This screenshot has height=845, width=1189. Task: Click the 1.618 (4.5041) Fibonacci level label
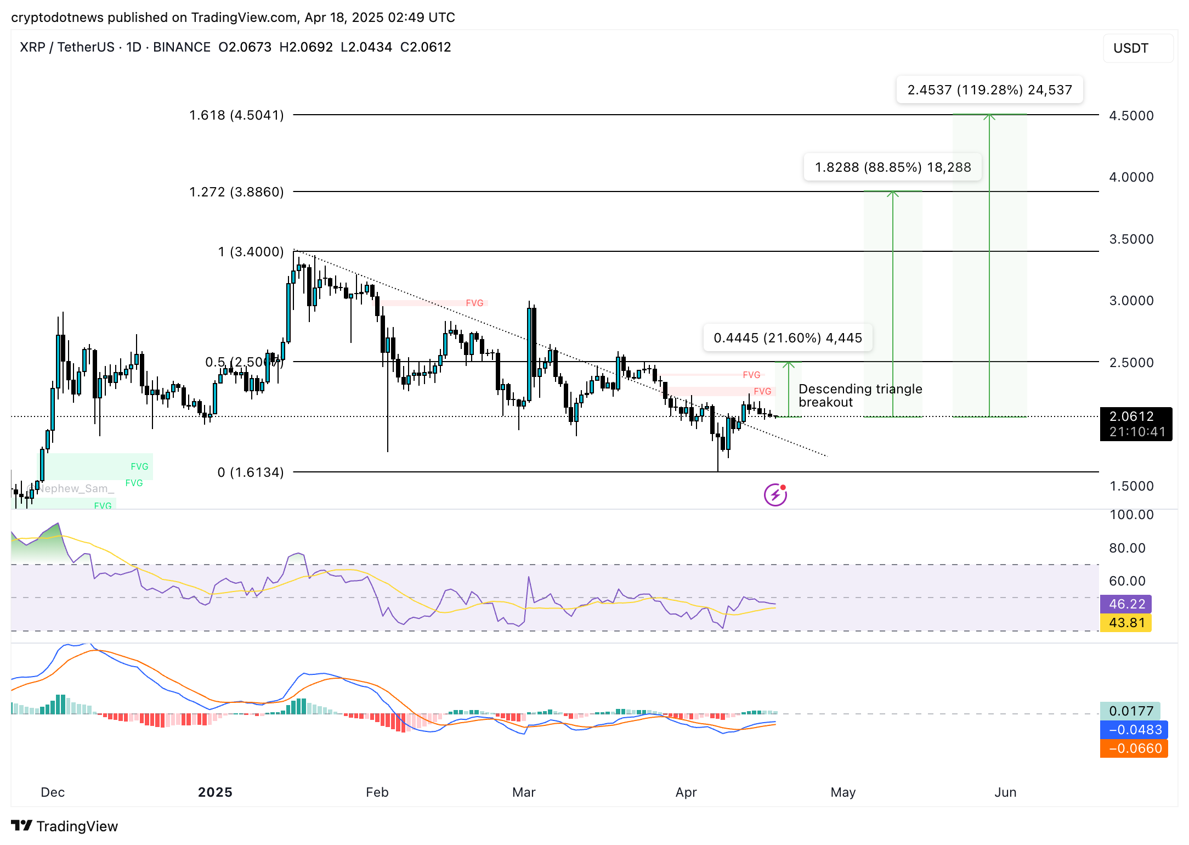coord(236,115)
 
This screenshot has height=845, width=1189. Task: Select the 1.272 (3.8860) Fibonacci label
coord(236,192)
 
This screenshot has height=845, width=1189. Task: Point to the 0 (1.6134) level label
coord(251,472)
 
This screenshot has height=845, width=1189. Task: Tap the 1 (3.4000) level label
coord(251,252)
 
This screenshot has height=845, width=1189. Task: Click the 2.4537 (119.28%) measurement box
coord(989,90)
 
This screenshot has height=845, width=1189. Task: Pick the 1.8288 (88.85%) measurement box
coord(892,167)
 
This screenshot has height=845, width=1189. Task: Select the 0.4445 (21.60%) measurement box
coord(788,338)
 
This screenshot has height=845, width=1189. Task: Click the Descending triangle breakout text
coord(860,396)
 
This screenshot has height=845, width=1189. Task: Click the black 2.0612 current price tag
coord(1136,424)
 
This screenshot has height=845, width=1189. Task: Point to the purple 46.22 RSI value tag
coord(1126,604)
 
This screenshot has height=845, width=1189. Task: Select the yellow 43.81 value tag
coord(1126,623)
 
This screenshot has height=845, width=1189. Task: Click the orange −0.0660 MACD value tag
coord(1134,748)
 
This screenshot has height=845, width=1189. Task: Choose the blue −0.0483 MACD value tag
coord(1134,730)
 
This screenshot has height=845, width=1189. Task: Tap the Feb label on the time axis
coord(377,792)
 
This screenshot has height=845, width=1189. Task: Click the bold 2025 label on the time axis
coord(215,792)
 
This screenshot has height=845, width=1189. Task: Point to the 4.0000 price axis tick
coord(1131,177)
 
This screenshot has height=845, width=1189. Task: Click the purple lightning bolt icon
coord(775,495)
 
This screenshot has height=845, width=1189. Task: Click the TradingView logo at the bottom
coord(65,826)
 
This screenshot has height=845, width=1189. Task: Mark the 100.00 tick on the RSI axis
coord(1131,515)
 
